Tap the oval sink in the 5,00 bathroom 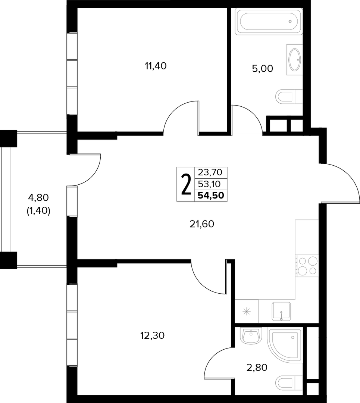(x=294, y=60)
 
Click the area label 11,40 (x=156, y=66)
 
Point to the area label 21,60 (x=202, y=224)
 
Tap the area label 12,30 (x=152, y=335)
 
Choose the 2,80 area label (x=257, y=368)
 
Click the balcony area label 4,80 (x=38, y=198)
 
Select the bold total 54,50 (x=211, y=196)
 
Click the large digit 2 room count (x=186, y=184)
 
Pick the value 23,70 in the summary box (x=210, y=172)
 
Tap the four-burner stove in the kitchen (x=307, y=266)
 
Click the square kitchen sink (x=281, y=311)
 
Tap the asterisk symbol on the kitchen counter (x=247, y=312)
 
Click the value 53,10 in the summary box (x=209, y=184)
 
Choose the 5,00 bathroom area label (x=262, y=69)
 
